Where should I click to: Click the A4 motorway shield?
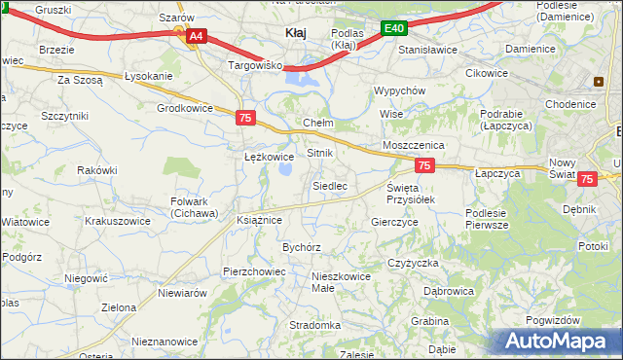coord(196,36)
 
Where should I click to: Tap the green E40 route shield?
coord(393,29)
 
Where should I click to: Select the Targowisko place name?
coord(254,65)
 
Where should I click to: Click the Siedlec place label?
coord(329,185)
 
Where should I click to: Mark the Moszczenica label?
coord(413,144)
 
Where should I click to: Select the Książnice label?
coord(259,221)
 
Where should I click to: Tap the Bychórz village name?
coord(302,247)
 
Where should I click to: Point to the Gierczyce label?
coord(394,222)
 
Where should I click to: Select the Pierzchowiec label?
coord(253,271)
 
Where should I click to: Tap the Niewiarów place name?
coord(182,293)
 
